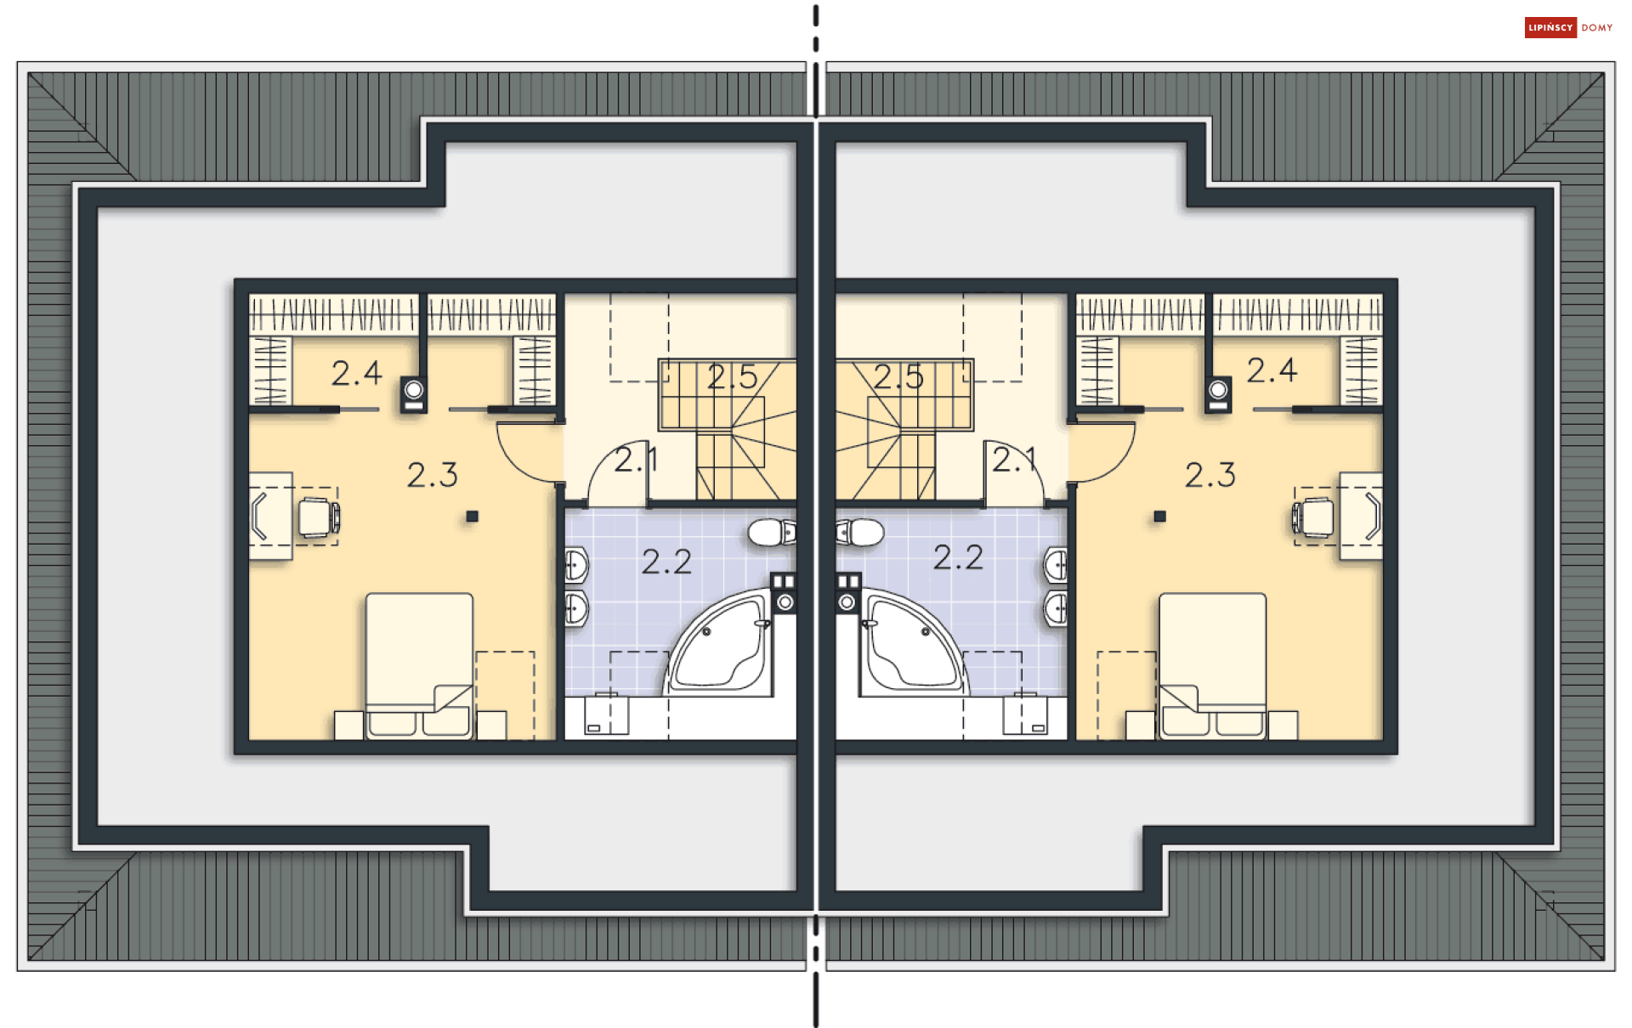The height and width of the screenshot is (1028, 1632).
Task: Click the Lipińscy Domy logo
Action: [x=1568, y=28]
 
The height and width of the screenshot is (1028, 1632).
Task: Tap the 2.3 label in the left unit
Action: [x=432, y=475]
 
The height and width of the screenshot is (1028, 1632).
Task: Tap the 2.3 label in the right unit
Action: [x=1210, y=475]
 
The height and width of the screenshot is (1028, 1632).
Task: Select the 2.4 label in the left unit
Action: [x=356, y=373]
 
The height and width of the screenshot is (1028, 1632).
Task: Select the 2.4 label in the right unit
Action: [x=1272, y=370]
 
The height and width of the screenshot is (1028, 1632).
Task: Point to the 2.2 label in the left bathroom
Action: [x=666, y=562]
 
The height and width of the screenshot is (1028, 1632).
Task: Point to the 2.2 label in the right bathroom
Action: [x=958, y=557]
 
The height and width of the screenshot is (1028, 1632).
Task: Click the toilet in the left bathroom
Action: [x=772, y=533]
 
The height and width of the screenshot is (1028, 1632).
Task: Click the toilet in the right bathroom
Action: [x=860, y=533]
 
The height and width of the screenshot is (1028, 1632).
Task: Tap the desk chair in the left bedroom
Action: [x=319, y=517]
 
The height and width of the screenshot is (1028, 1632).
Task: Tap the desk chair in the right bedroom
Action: [x=1313, y=517]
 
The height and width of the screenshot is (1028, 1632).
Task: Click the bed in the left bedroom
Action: [x=419, y=665]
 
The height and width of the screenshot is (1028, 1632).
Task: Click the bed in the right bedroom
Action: [x=1213, y=665]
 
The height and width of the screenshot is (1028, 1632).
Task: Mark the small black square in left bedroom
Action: [x=473, y=516]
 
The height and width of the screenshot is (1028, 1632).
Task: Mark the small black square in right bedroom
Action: [x=1159, y=516]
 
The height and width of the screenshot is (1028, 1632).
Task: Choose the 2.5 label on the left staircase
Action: [x=732, y=377]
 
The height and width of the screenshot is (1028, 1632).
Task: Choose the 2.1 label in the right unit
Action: [x=1015, y=460]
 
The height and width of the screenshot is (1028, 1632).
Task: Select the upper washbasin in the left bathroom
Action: [x=577, y=565]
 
